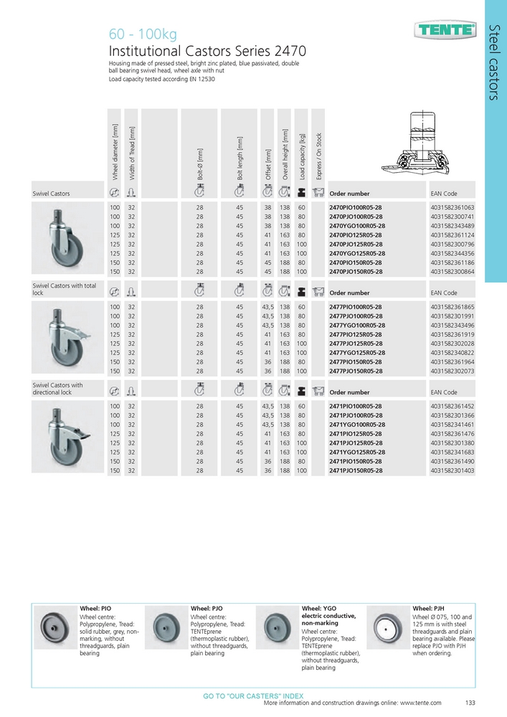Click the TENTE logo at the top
[445, 30]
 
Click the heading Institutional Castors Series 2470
[207, 52]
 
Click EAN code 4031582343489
[452, 226]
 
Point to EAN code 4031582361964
[452, 362]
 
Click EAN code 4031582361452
[452, 406]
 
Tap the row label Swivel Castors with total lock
[65, 289]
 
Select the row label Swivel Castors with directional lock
[57, 389]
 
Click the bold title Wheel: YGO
[318, 608]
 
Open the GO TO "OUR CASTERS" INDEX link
[253, 696]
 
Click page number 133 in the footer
[470, 703]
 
